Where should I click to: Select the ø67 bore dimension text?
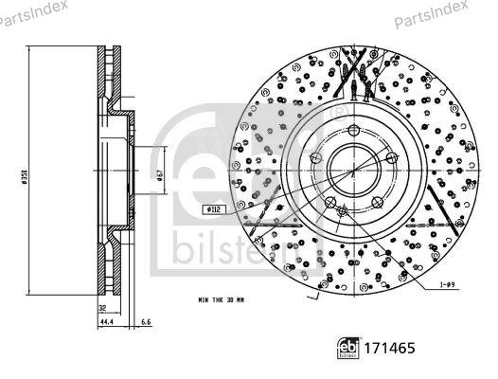point(162,175)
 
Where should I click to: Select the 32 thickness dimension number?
point(101,308)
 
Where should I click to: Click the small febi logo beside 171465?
point(349,350)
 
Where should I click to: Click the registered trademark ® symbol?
point(338,110)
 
